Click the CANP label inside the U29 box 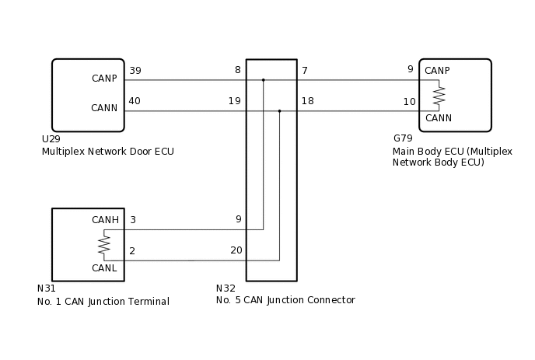(105, 79)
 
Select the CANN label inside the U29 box (105, 108)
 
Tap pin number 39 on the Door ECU (135, 71)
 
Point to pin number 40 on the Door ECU (135, 100)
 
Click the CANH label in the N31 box (105, 220)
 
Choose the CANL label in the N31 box (105, 268)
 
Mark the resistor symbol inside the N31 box (103, 245)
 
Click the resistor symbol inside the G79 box (439, 95)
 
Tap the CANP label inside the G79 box (438, 71)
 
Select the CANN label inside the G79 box (438, 118)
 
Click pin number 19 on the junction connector (235, 100)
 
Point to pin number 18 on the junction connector (308, 100)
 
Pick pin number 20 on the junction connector (236, 250)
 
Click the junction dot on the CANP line (264, 79)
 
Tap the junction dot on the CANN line (279, 110)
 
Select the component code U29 (51, 139)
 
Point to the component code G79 (403, 139)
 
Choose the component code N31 (46, 288)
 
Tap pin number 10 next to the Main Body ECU (409, 102)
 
